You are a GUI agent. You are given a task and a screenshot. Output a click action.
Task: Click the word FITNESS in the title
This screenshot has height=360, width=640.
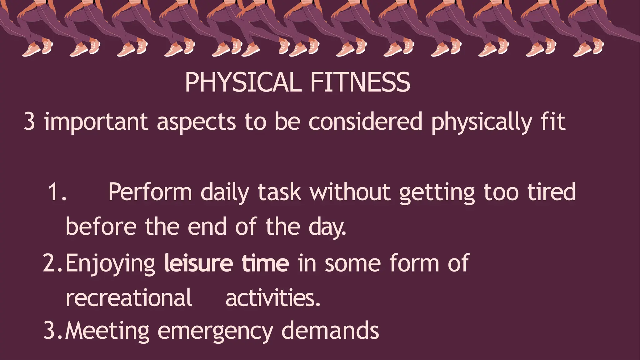coord(360,82)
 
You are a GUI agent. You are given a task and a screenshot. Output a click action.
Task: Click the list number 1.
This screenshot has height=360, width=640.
coord(57,192)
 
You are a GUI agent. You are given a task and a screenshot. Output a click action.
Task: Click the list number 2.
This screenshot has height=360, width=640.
coord(52,263)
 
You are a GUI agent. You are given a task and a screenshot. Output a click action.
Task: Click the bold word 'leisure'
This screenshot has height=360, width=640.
coord(198,263)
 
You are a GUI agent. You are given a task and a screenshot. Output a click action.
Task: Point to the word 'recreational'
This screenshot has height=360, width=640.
coord(129,297)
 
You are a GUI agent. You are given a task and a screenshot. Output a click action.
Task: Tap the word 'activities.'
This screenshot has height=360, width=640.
coord(273,297)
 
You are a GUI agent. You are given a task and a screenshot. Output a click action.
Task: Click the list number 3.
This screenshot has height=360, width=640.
coord(52,330)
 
